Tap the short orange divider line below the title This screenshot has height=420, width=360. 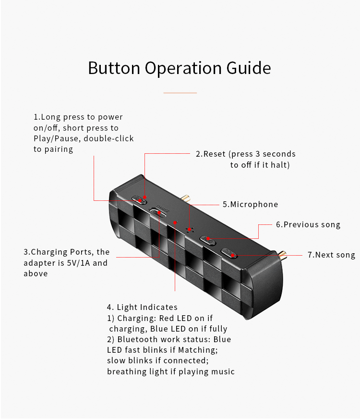point(180,93)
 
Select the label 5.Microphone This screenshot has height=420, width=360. point(250,204)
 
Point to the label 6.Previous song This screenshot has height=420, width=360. point(308,224)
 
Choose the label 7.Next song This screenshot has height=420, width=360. point(331,255)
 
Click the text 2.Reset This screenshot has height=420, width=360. point(211,154)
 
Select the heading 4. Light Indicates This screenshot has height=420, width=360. point(142,307)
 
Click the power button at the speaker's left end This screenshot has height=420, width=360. point(139,199)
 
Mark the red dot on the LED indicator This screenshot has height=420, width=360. point(175,222)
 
